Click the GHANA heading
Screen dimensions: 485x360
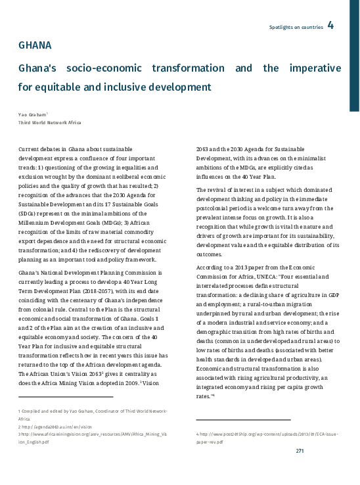[x=35, y=46]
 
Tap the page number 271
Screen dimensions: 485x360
[x=300, y=450]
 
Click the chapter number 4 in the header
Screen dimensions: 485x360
[x=330, y=26]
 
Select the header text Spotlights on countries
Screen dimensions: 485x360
[x=296, y=27]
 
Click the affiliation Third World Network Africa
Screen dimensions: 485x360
[x=50, y=122]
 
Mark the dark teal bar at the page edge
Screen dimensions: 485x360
[x=354, y=56]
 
